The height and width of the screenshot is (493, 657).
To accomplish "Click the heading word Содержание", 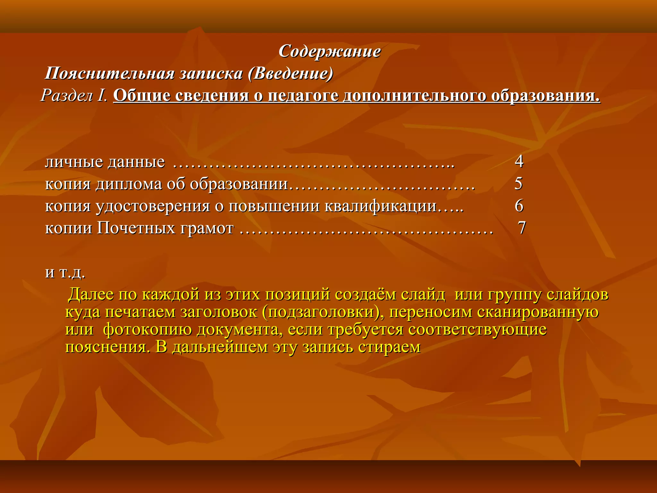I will point(329,51).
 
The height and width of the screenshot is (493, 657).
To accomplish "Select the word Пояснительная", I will point(109,74).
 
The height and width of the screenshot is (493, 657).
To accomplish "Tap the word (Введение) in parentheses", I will point(291,74).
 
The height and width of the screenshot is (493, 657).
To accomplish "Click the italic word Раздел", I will point(67,96).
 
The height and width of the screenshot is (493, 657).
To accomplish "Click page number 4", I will point(519,161).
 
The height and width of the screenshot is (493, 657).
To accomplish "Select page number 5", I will point(518,184).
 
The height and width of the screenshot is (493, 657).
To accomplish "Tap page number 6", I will point(519,206).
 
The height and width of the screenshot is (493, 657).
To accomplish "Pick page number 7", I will point(522,228).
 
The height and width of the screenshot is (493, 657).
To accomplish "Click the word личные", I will point(74,162).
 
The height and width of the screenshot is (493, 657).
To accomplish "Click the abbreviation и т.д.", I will point(65,272).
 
